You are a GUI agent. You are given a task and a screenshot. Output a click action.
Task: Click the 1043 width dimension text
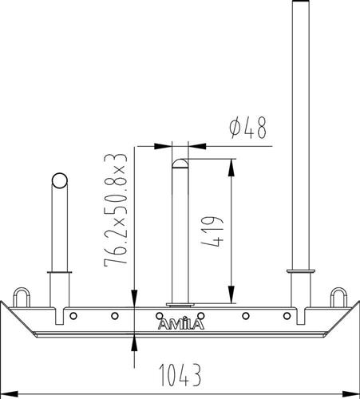click(180, 375)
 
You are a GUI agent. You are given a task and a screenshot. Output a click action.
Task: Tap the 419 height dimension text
click(212, 232)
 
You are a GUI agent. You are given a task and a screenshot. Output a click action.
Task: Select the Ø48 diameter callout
click(247, 128)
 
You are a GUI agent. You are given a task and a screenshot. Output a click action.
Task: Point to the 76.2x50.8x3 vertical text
click(116, 210)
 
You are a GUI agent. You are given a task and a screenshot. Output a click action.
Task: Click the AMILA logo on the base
click(181, 324)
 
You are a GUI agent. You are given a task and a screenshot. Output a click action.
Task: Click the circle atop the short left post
click(60, 180)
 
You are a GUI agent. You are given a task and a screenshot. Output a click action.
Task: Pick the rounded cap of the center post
click(180, 164)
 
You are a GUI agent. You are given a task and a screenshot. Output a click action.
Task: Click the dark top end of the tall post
click(301, 1)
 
